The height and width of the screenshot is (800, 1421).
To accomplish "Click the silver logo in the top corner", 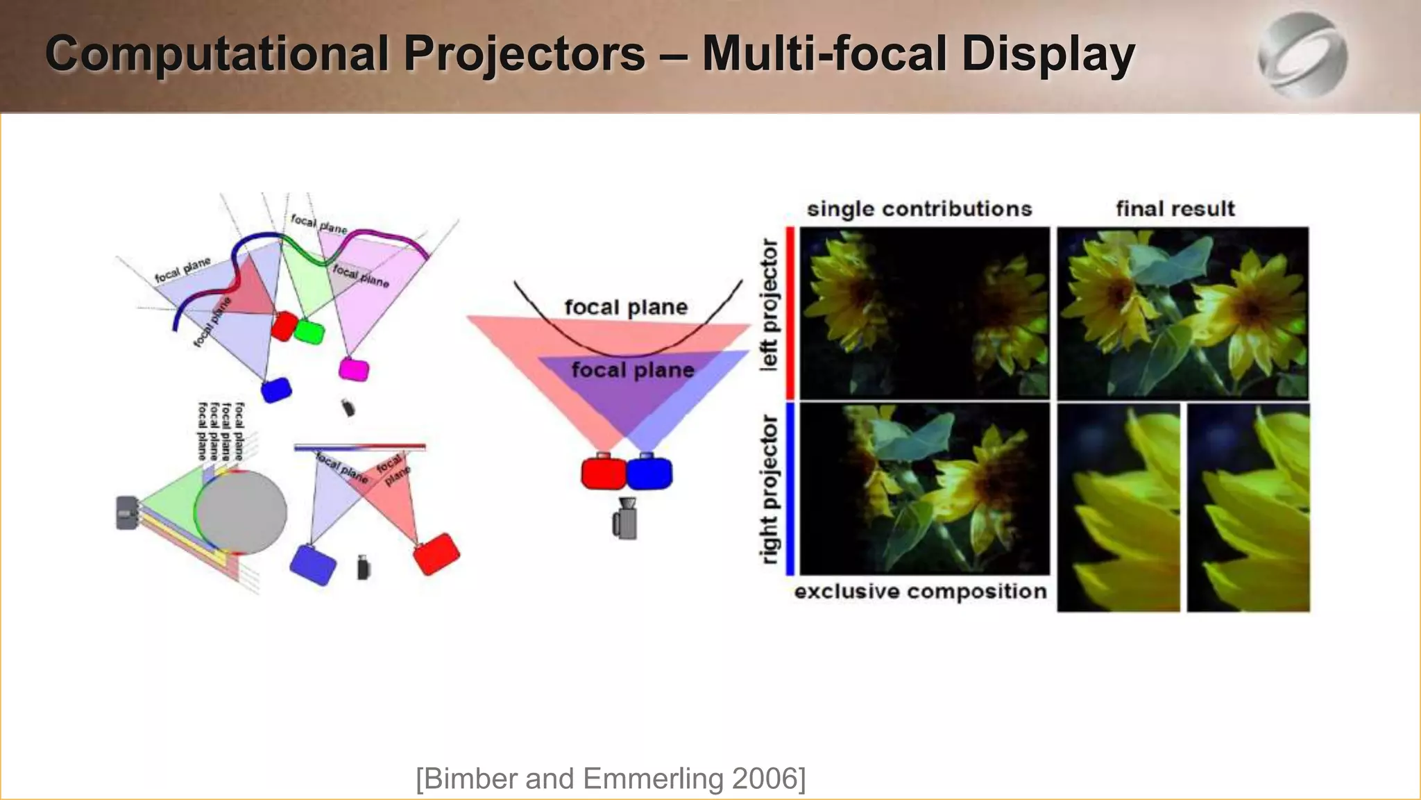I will [1302, 56].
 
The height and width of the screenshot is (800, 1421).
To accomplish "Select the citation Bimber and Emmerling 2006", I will [611, 778].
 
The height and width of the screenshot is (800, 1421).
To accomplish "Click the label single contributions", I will [919, 209].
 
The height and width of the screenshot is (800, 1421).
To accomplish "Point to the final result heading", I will [1175, 209].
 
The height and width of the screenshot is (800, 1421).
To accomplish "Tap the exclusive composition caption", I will [920, 592].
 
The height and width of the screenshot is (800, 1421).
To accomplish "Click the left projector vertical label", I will [769, 306].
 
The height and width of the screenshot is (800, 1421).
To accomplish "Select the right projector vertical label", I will [769, 489].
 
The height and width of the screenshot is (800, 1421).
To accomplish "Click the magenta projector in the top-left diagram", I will [354, 369].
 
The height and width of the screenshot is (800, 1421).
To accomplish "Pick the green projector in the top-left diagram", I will [309, 332].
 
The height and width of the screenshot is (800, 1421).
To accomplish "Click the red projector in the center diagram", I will [604, 473].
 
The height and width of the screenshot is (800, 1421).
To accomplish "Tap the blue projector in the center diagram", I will [649, 473].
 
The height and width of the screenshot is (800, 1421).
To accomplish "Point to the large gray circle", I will [241, 512].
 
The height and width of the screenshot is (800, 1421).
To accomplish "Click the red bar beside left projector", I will [790, 312].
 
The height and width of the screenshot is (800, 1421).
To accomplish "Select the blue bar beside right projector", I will [790, 489].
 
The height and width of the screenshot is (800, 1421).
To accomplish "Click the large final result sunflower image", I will [1182, 312].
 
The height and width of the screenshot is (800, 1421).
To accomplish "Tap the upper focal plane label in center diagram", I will [626, 307].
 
